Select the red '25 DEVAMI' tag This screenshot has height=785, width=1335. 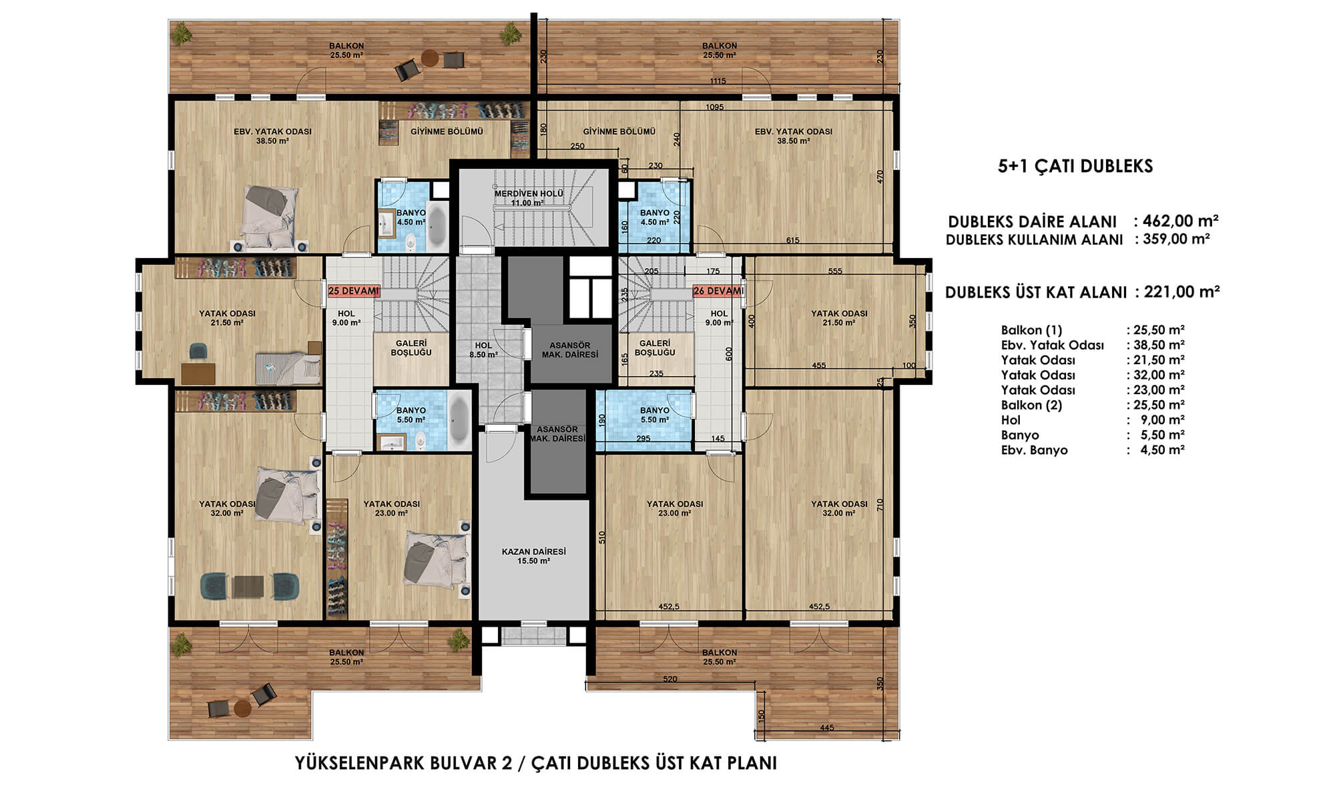coord(354,291)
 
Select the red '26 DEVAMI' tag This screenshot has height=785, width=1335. coord(718,291)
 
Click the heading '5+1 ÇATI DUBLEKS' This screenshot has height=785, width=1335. coord(1075,166)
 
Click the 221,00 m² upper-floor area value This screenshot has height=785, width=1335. coord(1182,291)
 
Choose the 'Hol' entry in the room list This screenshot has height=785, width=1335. coord(1011,420)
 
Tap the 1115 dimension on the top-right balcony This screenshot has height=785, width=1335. coord(718,81)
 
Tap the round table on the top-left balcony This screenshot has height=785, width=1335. coord(431,59)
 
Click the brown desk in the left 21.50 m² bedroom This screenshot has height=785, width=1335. coord(198,373)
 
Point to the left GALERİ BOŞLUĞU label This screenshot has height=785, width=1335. coord(411,348)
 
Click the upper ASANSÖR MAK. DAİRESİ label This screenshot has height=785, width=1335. coord(570,350)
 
